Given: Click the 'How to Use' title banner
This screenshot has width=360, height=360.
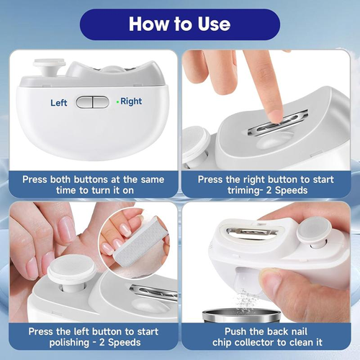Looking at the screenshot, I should (x=179, y=24).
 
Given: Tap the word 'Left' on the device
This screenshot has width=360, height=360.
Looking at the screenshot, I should (x=59, y=103).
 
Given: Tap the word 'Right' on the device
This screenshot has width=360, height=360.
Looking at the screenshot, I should (x=131, y=102).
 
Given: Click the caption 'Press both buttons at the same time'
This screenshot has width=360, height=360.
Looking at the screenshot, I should (x=92, y=184).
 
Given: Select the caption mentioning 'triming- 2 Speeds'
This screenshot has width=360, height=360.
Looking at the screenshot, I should (x=268, y=184).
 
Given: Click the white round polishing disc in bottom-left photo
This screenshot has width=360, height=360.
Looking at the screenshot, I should (x=71, y=273).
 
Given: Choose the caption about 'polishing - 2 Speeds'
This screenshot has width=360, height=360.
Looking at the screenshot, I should (x=92, y=337).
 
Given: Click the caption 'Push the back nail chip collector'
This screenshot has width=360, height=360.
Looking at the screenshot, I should (x=268, y=337).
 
